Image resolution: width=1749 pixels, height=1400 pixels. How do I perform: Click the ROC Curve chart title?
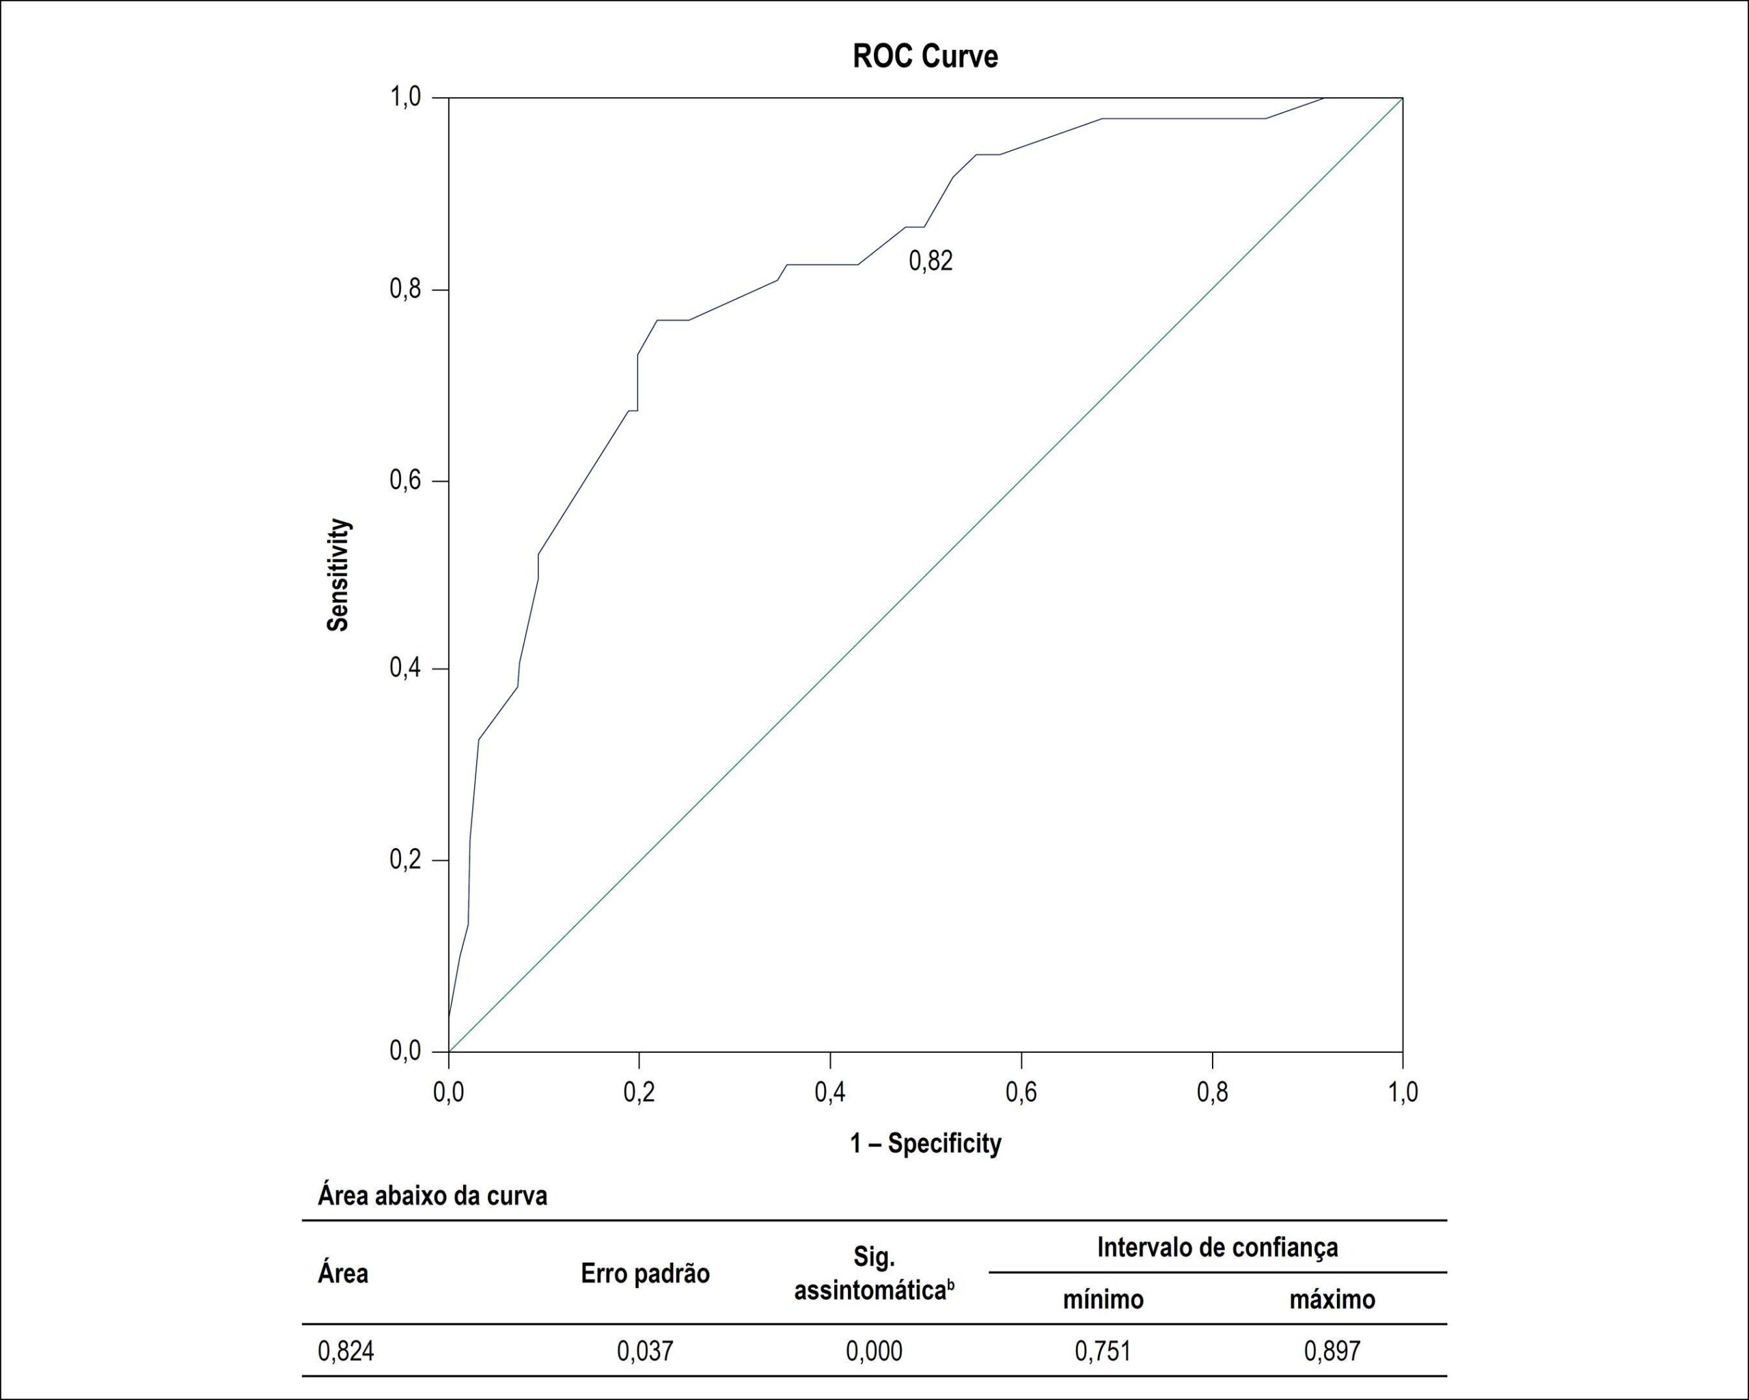(925, 56)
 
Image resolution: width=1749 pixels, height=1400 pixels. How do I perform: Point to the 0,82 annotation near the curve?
(931, 260)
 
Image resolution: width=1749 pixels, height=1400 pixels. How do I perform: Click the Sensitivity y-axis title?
(338, 574)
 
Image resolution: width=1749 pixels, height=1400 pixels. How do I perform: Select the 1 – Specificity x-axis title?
(926, 1143)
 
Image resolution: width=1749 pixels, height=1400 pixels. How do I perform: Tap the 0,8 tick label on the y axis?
(406, 289)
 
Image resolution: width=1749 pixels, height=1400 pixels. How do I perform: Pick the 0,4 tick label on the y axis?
(406, 668)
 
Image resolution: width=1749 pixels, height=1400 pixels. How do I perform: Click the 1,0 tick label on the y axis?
(406, 97)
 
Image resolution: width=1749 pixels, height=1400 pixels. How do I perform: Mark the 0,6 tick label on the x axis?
(1021, 1092)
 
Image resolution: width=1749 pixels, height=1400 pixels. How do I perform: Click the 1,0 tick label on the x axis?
(1402, 1092)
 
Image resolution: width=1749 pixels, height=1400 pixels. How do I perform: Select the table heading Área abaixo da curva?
(432, 1196)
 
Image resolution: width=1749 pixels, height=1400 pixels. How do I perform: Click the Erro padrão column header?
(645, 1274)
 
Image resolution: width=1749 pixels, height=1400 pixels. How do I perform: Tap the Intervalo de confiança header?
(1217, 1247)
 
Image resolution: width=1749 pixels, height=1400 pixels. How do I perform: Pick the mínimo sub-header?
(1103, 1300)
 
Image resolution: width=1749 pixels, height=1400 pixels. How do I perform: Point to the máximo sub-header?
(1332, 1300)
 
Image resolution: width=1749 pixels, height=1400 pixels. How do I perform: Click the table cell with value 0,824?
(346, 1351)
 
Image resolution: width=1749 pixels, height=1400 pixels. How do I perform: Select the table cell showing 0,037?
(645, 1351)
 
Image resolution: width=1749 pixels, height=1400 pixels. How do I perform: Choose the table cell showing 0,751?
(1103, 1351)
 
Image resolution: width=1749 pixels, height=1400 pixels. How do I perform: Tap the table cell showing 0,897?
(1332, 1351)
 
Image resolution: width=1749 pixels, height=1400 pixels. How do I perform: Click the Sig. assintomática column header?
(874, 1274)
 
